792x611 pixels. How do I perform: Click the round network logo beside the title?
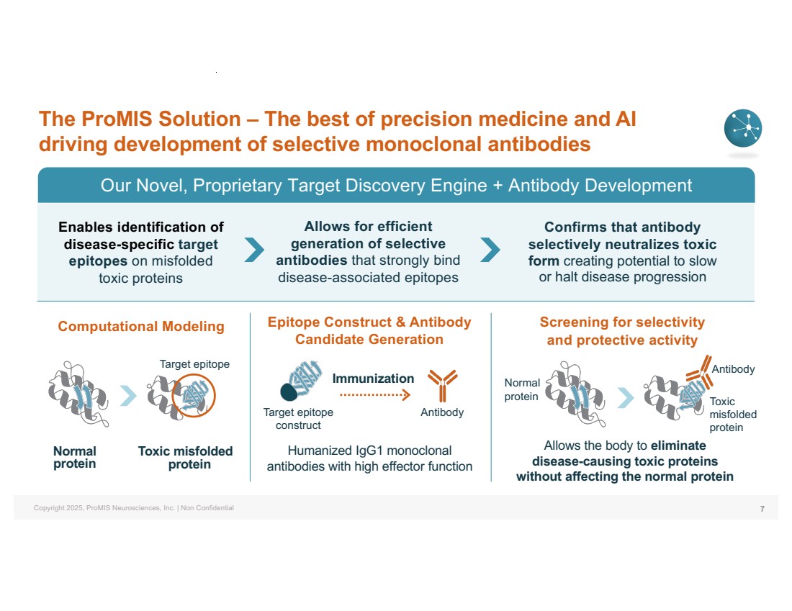tap(743, 128)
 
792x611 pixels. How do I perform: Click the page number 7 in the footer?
tap(762, 509)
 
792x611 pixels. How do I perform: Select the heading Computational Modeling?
tap(141, 326)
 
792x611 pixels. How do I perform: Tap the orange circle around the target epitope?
tap(194, 395)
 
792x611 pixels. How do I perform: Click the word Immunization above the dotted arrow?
tap(373, 379)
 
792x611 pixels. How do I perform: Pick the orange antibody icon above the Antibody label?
tap(443, 386)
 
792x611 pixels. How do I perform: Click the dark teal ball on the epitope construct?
tap(289, 392)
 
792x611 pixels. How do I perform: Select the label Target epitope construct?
tap(298, 419)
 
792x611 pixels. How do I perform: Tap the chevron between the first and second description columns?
tap(254, 250)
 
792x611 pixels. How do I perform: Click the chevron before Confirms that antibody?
tap(490, 250)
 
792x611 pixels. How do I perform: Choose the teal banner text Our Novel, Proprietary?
tap(192, 186)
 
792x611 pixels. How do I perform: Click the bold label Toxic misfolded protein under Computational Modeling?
tap(186, 458)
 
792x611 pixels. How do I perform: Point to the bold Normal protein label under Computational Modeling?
tap(75, 458)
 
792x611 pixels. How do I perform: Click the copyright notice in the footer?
tap(134, 508)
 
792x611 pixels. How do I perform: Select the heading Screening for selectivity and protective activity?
tap(622, 331)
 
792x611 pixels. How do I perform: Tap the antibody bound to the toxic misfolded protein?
tap(700, 371)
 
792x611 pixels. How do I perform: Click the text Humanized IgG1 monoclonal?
tap(370, 451)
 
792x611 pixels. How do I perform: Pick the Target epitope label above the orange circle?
tap(194, 364)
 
